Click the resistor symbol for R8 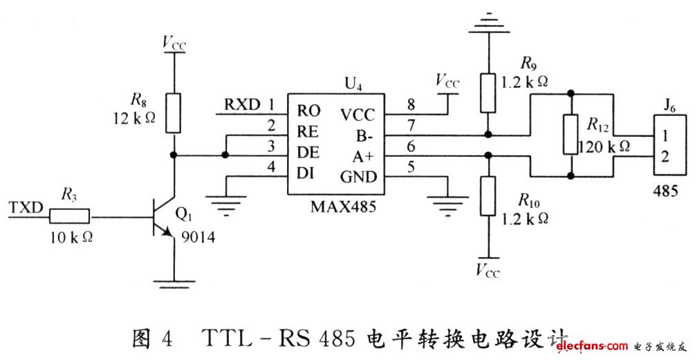[174, 113]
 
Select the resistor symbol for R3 [69, 217]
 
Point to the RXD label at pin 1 [242, 105]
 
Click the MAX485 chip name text [334, 205]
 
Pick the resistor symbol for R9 [488, 91]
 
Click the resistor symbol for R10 [488, 196]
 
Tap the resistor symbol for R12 [570, 135]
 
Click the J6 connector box [669, 146]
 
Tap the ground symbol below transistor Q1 [174, 282]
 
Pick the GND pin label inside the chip [358, 177]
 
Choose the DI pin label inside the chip [306, 171]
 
